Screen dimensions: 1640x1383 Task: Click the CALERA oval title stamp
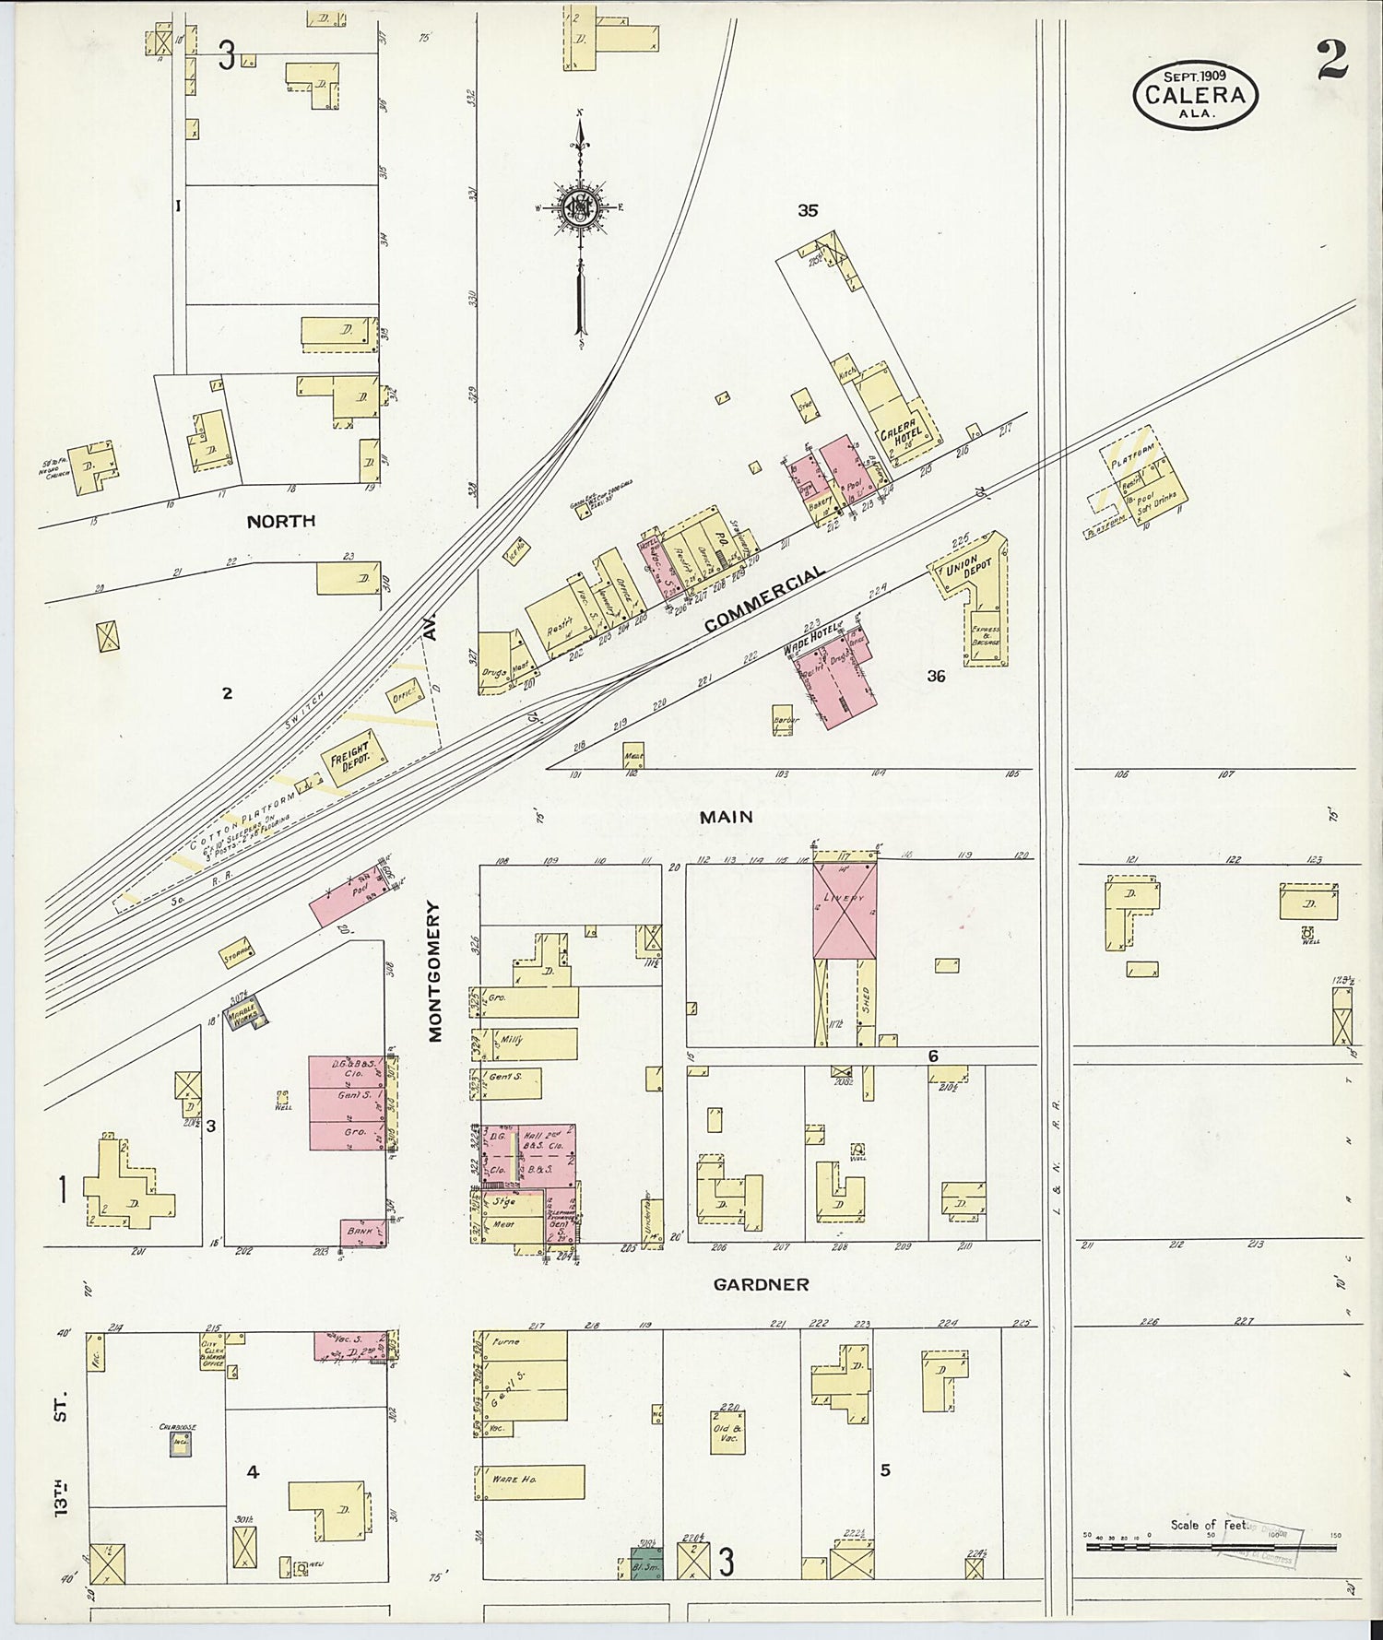click(x=1195, y=94)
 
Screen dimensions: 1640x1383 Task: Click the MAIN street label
click(x=726, y=817)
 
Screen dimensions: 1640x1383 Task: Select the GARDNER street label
click(x=761, y=1284)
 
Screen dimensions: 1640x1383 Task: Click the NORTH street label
click(x=280, y=521)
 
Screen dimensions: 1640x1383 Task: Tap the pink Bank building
click(x=362, y=1231)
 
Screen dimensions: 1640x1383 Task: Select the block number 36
click(x=936, y=676)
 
